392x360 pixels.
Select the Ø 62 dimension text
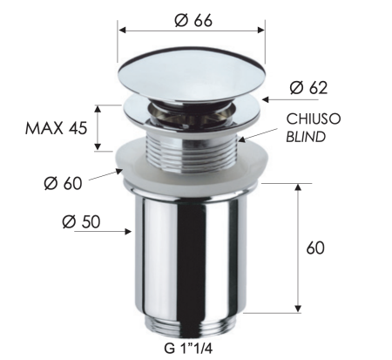309,87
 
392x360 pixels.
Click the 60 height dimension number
315,248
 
